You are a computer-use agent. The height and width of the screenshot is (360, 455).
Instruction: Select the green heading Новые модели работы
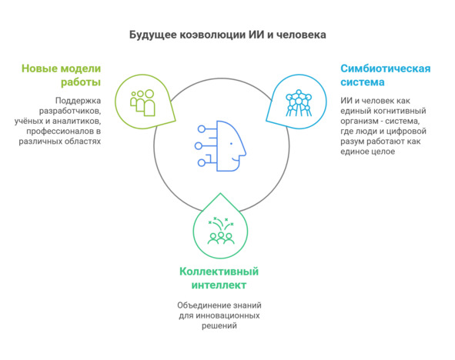click(x=62, y=75)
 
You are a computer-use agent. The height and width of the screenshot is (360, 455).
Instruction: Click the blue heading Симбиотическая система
click(x=386, y=75)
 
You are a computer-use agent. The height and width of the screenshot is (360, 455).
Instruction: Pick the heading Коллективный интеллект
click(x=219, y=278)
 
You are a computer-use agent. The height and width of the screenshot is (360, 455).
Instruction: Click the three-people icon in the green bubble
click(x=142, y=102)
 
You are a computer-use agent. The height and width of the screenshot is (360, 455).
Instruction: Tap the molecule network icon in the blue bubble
click(x=299, y=103)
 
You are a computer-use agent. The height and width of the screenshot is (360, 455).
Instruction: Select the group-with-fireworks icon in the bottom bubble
click(x=221, y=231)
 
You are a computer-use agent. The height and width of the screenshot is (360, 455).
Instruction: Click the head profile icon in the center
click(x=220, y=146)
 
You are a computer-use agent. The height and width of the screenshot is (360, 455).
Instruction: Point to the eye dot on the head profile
click(x=231, y=144)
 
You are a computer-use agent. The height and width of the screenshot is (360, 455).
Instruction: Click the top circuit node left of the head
click(x=202, y=129)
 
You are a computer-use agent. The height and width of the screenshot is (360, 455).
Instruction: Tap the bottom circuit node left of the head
click(x=202, y=162)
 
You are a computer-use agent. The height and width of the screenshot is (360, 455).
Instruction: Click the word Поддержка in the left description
click(x=78, y=101)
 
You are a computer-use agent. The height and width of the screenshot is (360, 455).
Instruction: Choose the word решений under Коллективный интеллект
click(x=219, y=326)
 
